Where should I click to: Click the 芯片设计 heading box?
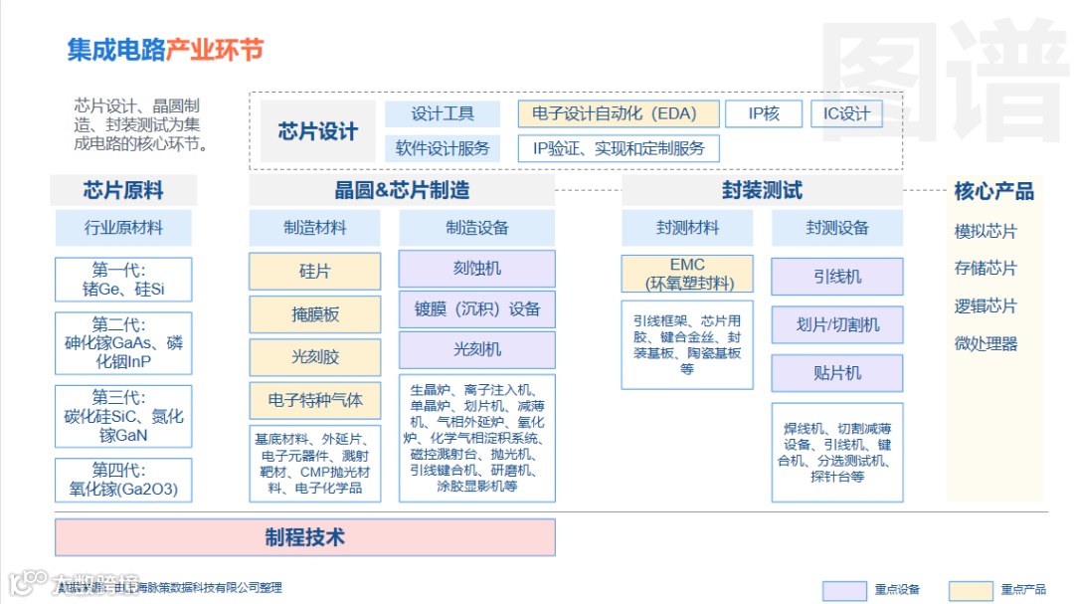coord(317,131)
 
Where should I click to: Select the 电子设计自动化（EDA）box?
coord(618,113)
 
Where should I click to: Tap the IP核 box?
coord(764,113)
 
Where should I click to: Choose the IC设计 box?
coord(846,113)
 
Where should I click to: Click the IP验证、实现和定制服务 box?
coord(619,148)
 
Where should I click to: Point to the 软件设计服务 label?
coord(443,148)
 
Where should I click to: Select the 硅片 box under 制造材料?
coord(314,271)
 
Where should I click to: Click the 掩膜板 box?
coord(314,314)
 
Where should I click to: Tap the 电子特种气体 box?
coord(314,401)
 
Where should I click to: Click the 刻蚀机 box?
coord(476,269)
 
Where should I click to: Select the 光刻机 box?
coord(476,349)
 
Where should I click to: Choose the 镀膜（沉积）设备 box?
coord(476,309)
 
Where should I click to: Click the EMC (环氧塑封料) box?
coord(687,274)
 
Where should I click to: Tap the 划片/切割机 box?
coord(837,324)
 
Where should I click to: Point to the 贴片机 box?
coord(837,373)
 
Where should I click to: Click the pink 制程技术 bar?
coord(304,537)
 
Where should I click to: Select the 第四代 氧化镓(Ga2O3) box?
coord(123,480)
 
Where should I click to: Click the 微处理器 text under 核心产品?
coord(985,344)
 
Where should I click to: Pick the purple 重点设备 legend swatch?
coord(843,590)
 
